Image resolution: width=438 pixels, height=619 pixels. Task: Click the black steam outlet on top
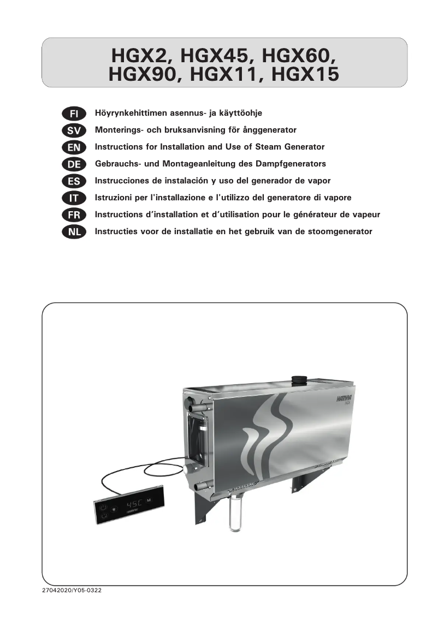pos(299,379)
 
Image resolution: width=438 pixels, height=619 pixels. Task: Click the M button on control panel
pos(149,499)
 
